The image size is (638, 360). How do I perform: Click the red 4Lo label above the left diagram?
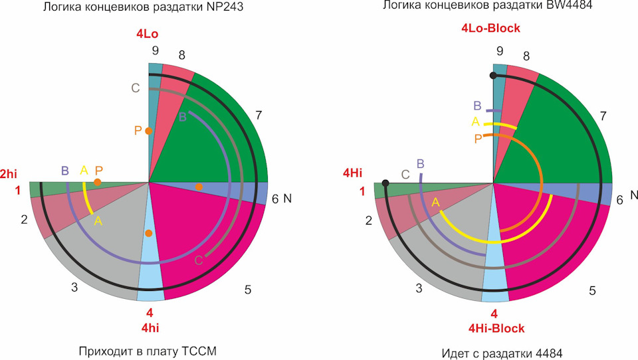point(147,34)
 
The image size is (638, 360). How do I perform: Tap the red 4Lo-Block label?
point(490,28)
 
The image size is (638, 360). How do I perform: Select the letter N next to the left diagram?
point(287,199)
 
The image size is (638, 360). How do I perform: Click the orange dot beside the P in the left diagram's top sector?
point(149,131)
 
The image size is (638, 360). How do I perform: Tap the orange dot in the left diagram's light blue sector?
point(149,233)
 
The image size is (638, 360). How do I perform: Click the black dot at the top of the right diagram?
point(492,76)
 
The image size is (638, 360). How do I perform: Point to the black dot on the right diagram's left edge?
point(385,182)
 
